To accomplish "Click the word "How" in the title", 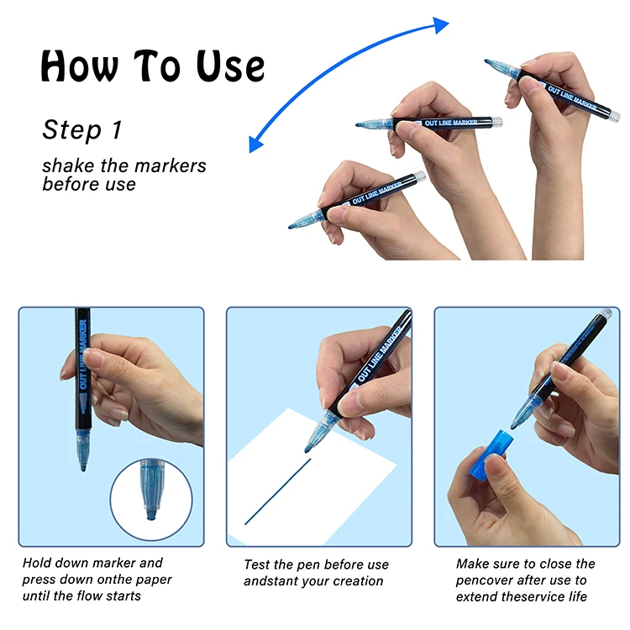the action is [80, 66].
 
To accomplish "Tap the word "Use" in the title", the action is [230, 66].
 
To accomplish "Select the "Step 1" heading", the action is [82, 129].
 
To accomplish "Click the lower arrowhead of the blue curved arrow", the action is [256, 144].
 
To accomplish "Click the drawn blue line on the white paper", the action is [278, 491].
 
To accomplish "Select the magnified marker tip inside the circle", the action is [151, 490].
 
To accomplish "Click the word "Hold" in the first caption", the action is [37, 563].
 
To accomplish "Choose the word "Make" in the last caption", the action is [472, 564].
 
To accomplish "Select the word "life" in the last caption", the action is [577, 596].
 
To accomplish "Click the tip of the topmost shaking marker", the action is [487, 61].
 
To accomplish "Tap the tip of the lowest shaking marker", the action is [291, 227].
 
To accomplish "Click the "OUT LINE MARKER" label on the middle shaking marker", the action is [451, 123].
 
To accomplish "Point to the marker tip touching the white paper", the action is [307, 449].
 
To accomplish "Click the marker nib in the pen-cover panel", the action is [514, 426].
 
